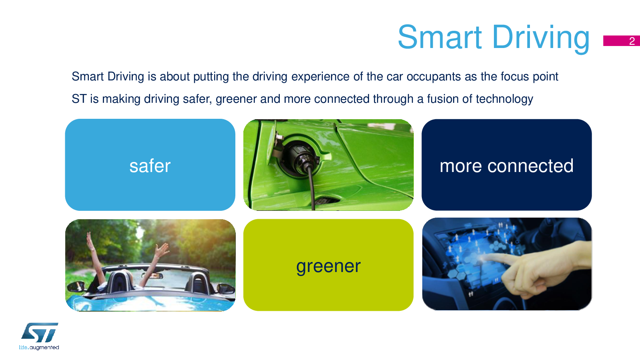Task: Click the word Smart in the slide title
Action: (440, 37)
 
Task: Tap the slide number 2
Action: (632, 41)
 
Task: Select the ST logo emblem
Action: (40, 332)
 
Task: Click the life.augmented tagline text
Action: (39, 348)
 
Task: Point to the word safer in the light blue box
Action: (150, 166)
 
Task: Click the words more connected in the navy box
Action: (507, 166)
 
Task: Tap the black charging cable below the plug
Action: (311, 188)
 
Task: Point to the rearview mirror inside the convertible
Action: (153, 276)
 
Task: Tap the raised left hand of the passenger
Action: (91, 241)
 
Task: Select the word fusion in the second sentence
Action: (443, 99)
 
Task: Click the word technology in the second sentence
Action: (504, 99)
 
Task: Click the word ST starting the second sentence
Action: (79, 99)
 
